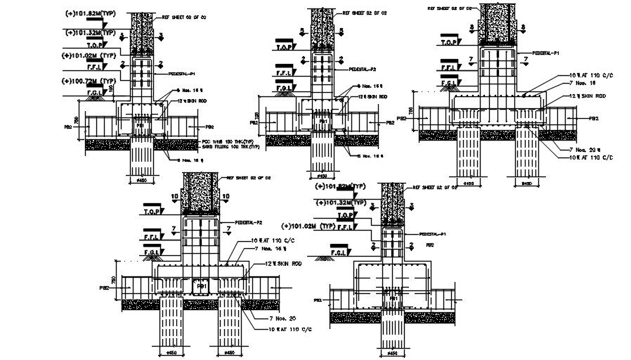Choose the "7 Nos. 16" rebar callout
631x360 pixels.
[266, 249]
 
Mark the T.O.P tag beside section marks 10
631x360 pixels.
[150, 210]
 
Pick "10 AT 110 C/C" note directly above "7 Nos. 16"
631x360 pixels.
[273, 241]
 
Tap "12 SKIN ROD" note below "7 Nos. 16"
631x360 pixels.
[275, 262]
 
